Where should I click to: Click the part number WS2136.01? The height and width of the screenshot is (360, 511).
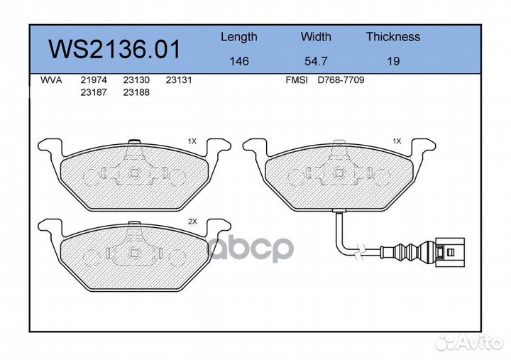(x=114, y=49)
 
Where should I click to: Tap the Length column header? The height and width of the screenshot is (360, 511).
(x=239, y=38)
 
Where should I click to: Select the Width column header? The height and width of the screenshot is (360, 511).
(x=316, y=36)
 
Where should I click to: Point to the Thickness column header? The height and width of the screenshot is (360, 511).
(x=393, y=36)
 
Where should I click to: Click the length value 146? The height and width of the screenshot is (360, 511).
(x=239, y=61)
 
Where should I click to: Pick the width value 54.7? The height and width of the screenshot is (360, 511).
(x=316, y=61)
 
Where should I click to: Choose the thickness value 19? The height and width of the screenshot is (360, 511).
(x=393, y=61)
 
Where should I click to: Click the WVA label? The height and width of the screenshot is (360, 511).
(x=51, y=80)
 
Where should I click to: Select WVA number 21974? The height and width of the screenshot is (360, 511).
(x=94, y=80)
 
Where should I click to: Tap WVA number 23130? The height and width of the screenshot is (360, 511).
(x=136, y=80)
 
